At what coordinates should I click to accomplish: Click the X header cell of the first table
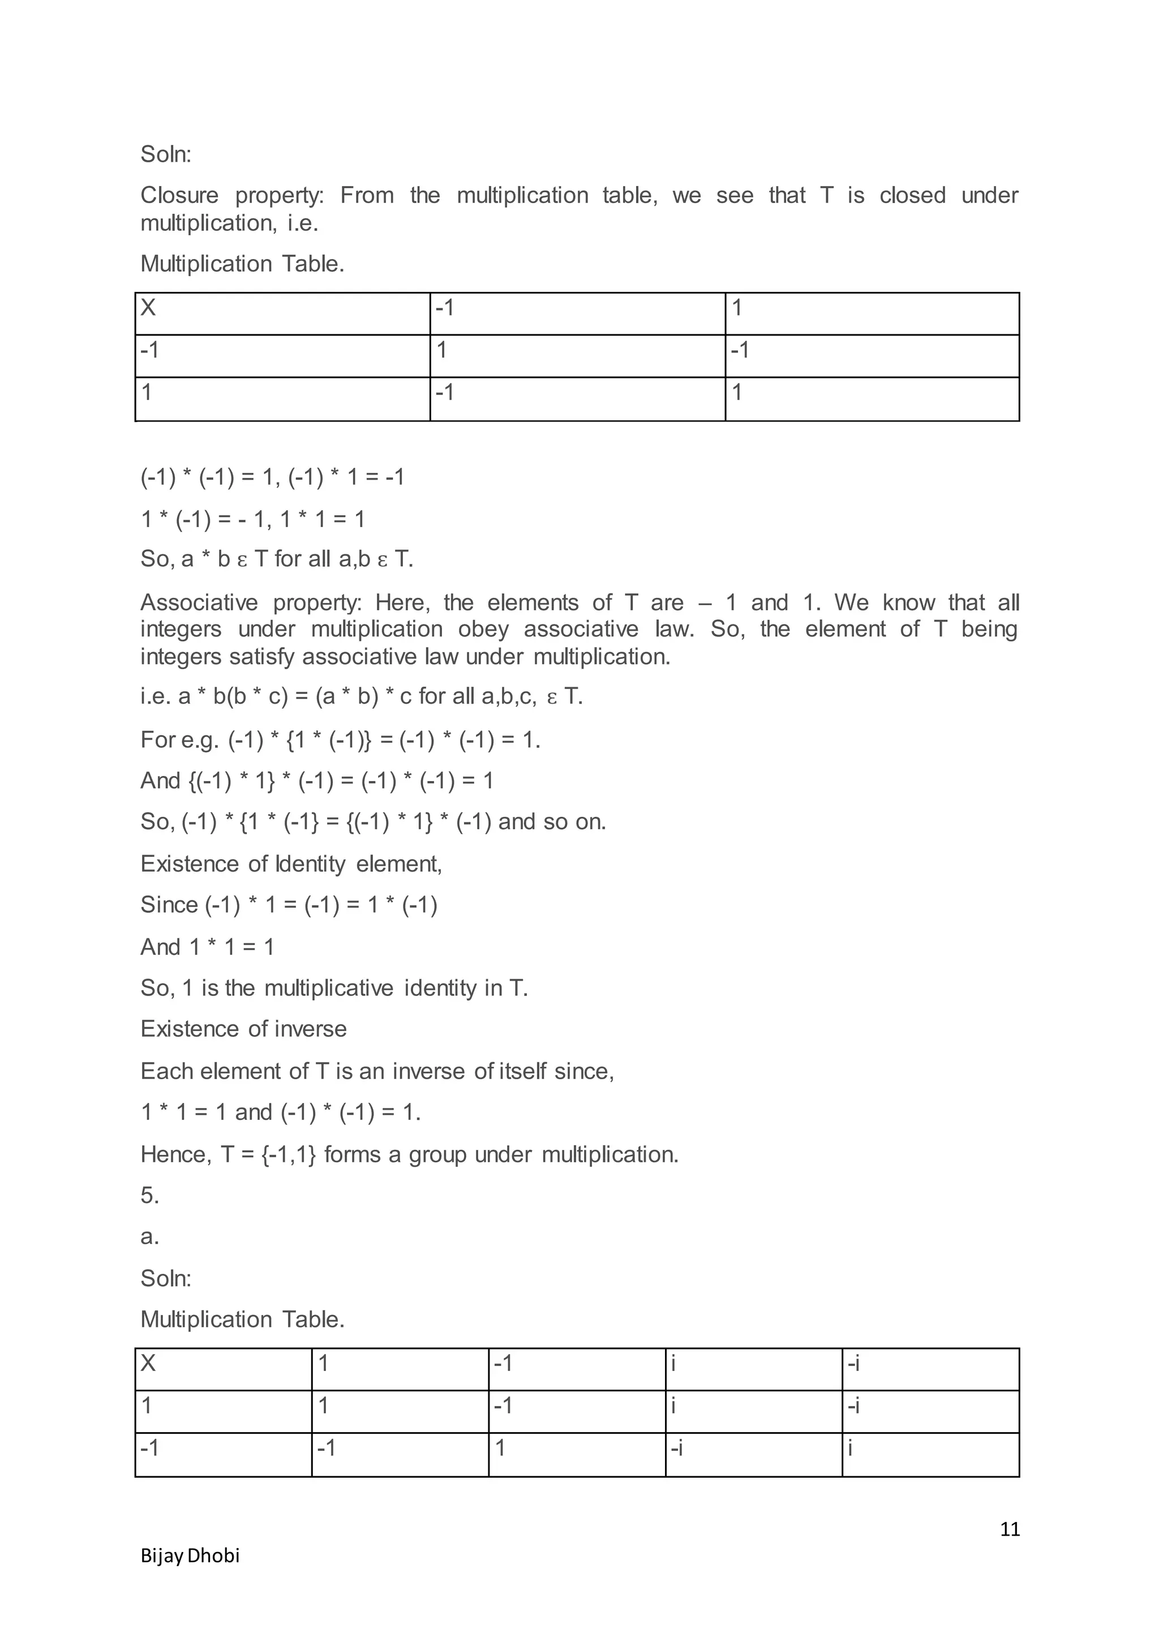point(148,308)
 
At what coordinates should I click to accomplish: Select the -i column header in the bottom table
point(853,1363)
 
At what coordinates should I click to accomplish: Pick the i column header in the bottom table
point(673,1363)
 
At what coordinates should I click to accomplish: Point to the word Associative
point(199,602)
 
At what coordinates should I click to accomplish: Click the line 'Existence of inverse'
point(243,1029)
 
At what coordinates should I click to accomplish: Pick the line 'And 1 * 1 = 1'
point(207,947)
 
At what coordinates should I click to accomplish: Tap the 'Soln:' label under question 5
point(166,1278)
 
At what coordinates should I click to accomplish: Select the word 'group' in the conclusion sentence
point(437,1154)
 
